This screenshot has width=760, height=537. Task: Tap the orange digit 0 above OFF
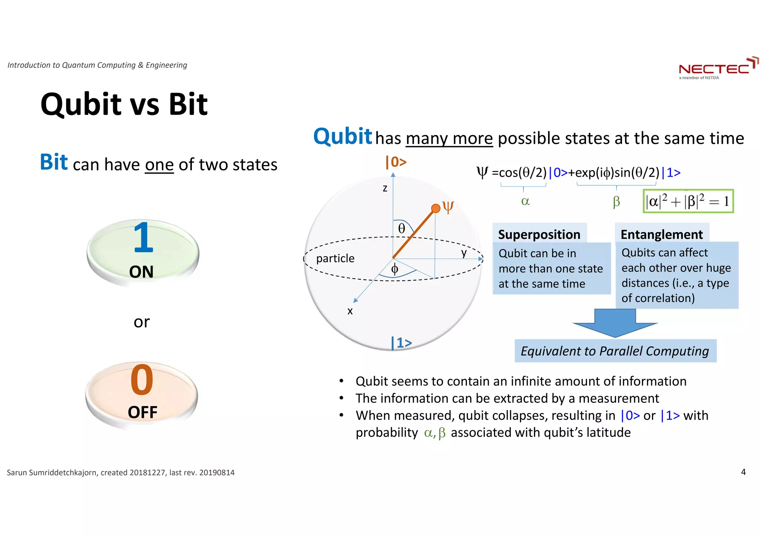pos(142,380)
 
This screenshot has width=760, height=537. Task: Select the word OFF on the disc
pos(142,412)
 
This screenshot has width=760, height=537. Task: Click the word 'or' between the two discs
pos(141,322)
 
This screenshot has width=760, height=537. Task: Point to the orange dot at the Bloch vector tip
pos(435,208)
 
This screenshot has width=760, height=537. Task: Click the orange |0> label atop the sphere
pos(396,162)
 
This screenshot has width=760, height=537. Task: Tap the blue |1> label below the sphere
pos(402,343)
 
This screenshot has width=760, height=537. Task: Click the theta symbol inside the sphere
pos(402,228)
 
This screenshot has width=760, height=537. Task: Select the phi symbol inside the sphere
pos(394,269)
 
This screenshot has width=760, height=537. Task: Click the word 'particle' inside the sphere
pos(335,258)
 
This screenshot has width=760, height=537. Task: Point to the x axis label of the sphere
pos(350,311)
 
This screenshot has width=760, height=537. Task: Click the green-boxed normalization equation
pos(688,201)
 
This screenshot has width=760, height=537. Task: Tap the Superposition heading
pos(539,234)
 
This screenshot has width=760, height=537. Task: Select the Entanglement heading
pos(661,234)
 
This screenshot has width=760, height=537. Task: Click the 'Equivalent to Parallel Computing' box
pos(615,351)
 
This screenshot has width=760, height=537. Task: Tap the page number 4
pos(743,472)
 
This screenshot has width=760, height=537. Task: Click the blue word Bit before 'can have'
pos(54,162)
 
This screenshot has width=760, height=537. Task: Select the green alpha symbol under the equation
pos(525,201)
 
